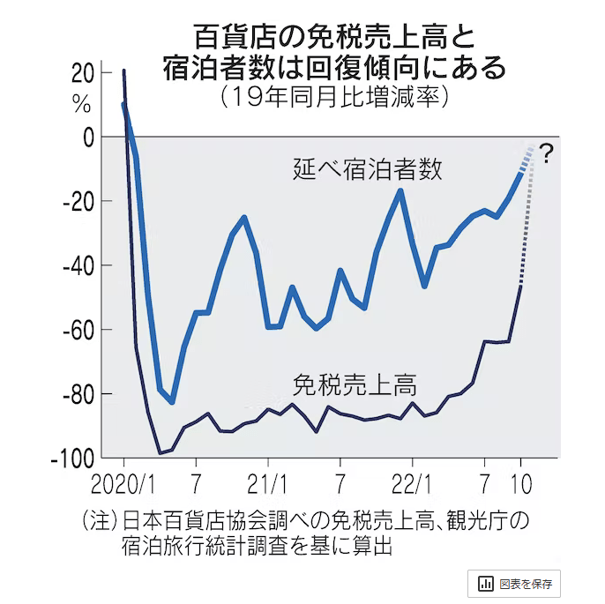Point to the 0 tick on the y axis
pyautogui.click(x=86, y=137)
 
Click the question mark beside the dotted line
pyautogui.click(x=546, y=155)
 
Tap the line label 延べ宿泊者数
pyautogui.click(x=367, y=169)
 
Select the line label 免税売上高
pyautogui.click(x=355, y=384)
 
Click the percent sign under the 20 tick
pyautogui.click(x=81, y=104)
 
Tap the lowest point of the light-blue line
pyautogui.click(x=172, y=402)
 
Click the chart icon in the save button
pyautogui.click(x=485, y=584)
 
